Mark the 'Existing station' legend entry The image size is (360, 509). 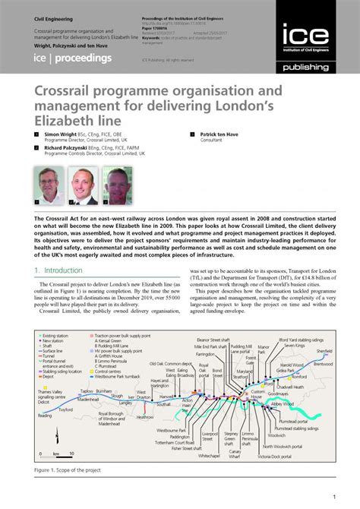(x=60, y=355)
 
